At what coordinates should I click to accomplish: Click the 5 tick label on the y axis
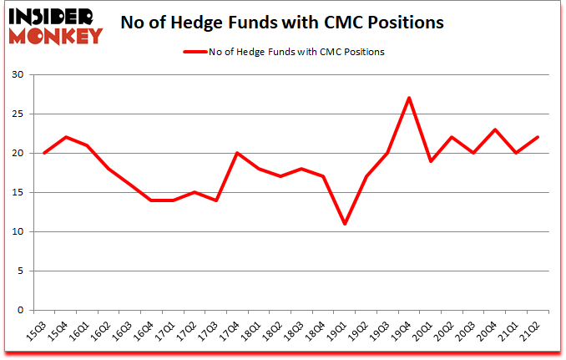tap(20, 271)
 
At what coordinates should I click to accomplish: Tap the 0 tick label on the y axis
tap(20, 311)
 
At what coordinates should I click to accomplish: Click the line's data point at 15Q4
tap(66, 137)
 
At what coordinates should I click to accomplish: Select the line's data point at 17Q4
tap(236, 153)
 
